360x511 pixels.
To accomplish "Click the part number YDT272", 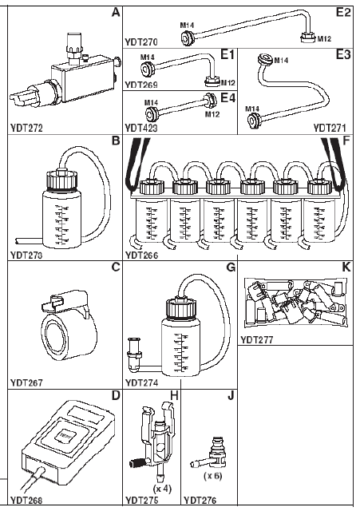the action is coord(26,128).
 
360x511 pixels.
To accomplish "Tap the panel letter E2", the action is coord(343,13).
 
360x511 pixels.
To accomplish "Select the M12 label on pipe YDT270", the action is coord(324,39).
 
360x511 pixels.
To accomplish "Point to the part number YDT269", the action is coord(141,85).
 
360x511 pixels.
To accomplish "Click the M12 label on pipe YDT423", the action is coord(212,114).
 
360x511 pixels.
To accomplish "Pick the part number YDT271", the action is coord(330,128).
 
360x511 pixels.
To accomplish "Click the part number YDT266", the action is coord(141,255).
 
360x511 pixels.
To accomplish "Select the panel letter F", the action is coord(346,141).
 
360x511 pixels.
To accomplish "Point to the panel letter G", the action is coord(231,267).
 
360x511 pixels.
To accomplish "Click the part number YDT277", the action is coord(257,340).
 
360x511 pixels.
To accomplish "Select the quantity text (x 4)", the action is coord(162,489).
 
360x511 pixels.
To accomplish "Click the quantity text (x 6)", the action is coord(213,476).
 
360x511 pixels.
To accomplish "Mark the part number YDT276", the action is coord(200,501).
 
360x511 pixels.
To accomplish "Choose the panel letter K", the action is coord(346,267).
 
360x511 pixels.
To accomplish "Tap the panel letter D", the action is coord(116,396).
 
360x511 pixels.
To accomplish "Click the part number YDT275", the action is coord(141,501).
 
